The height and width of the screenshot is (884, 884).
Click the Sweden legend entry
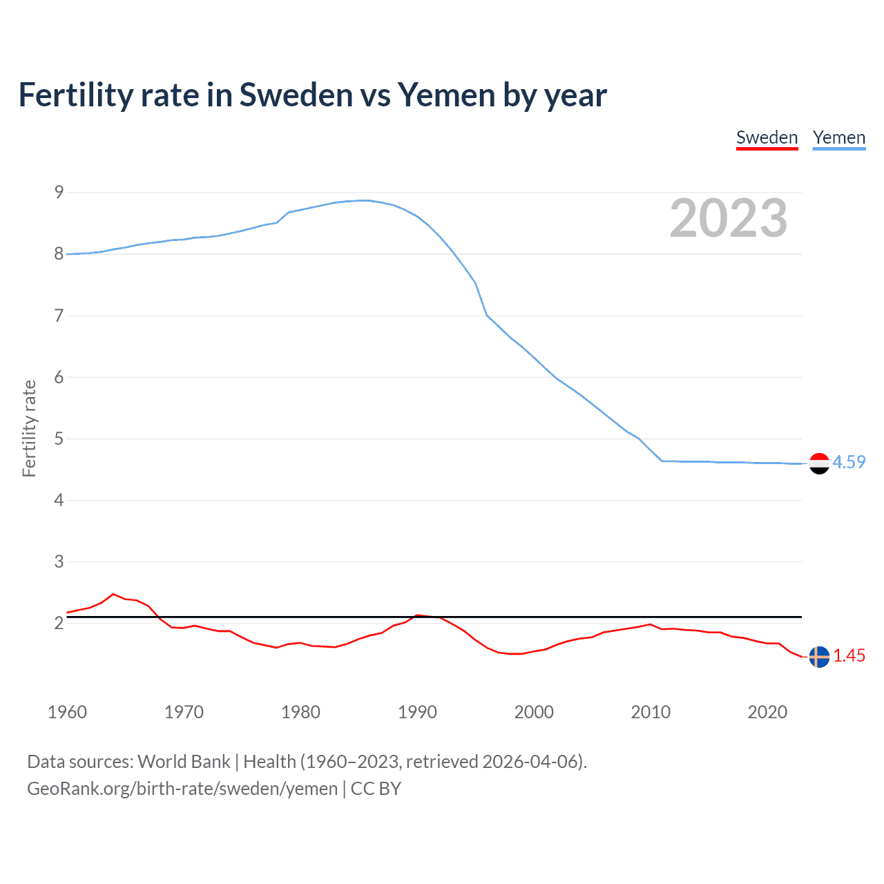click(767, 137)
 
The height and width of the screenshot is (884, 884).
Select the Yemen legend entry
click(838, 137)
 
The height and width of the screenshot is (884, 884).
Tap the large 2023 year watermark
click(728, 218)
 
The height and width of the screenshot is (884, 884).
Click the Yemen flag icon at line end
click(819, 463)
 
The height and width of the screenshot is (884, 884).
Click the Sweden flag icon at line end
click(819, 657)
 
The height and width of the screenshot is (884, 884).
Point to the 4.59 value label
click(849, 462)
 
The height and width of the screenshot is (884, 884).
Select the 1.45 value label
click(849, 655)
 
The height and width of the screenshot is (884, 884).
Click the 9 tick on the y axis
click(59, 192)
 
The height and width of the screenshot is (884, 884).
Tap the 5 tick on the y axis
click(59, 439)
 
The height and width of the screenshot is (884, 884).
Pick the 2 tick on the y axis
click(59, 623)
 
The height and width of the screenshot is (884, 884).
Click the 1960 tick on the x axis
click(67, 712)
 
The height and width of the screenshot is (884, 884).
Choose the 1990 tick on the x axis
click(417, 712)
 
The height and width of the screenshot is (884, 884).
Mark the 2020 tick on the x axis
click(767, 712)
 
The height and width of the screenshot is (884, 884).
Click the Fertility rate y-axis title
click(29, 428)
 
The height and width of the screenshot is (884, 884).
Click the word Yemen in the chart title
click(446, 95)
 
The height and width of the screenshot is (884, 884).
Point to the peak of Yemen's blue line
click(365, 200)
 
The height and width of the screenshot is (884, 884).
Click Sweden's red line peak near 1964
click(113, 594)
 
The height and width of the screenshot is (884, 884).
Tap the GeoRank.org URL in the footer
click(182, 788)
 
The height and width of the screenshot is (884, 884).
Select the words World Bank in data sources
click(184, 761)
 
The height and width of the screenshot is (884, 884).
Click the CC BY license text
click(376, 788)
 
